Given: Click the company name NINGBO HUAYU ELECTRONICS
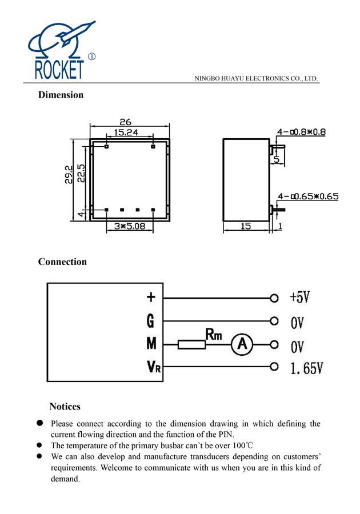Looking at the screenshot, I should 256,78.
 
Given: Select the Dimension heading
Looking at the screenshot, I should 61,95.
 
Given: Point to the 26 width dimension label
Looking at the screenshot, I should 125,122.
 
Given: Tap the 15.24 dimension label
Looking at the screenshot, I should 126,132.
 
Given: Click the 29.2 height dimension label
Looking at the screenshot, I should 68,174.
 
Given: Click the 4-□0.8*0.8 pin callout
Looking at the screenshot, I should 301,132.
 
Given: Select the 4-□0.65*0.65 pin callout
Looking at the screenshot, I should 307,196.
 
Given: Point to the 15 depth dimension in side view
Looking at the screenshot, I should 246,226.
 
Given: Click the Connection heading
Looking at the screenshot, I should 62,262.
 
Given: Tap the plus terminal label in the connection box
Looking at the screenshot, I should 151,297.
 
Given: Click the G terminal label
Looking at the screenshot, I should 150,322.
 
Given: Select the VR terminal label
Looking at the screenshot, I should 154,367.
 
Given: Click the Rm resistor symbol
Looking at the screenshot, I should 191,344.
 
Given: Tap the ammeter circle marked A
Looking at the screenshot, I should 242,344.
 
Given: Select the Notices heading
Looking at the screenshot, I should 65,407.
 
